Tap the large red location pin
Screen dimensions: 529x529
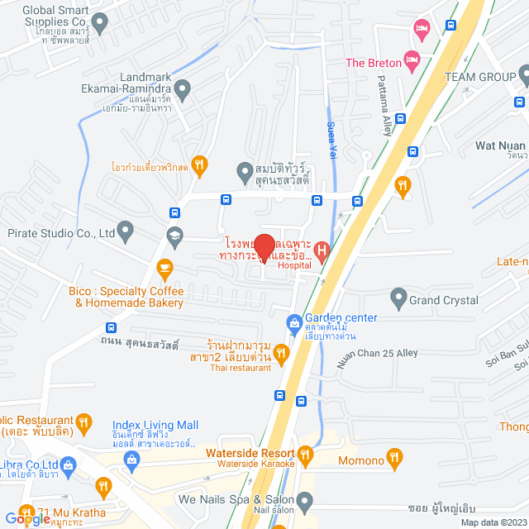264,248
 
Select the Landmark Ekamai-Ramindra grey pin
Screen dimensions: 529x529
183,88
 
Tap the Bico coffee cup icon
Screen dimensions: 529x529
164,267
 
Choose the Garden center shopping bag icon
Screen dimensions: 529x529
293,321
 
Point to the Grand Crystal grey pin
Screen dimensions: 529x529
398,296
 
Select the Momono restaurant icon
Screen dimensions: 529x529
395,456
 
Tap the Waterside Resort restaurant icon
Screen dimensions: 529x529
306,454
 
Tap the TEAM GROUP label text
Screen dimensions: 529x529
479,76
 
